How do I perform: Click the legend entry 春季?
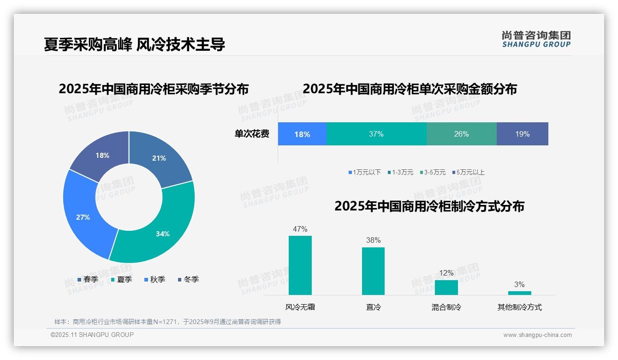pyautogui.click(x=88, y=279)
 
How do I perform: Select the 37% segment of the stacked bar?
pyautogui.click(x=376, y=134)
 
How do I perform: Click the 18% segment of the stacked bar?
pyautogui.click(x=302, y=134)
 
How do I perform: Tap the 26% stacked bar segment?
pyautogui.click(x=461, y=134)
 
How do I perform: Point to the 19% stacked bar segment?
pyautogui.click(x=523, y=134)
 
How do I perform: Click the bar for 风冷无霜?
pyautogui.click(x=300, y=265)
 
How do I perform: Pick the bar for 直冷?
pyautogui.click(x=373, y=271)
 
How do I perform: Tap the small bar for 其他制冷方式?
pyautogui.click(x=519, y=293)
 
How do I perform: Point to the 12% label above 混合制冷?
pyautogui.click(x=446, y=273)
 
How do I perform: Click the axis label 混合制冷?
pyautogui.click(x=446, y=307)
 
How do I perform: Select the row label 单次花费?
pyautogui.click(x=252, y=134)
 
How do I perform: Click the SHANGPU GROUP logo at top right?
pyautogui.click(x=536, y=39)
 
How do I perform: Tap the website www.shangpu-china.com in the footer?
pyautogui.click(x=537, y=335)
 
